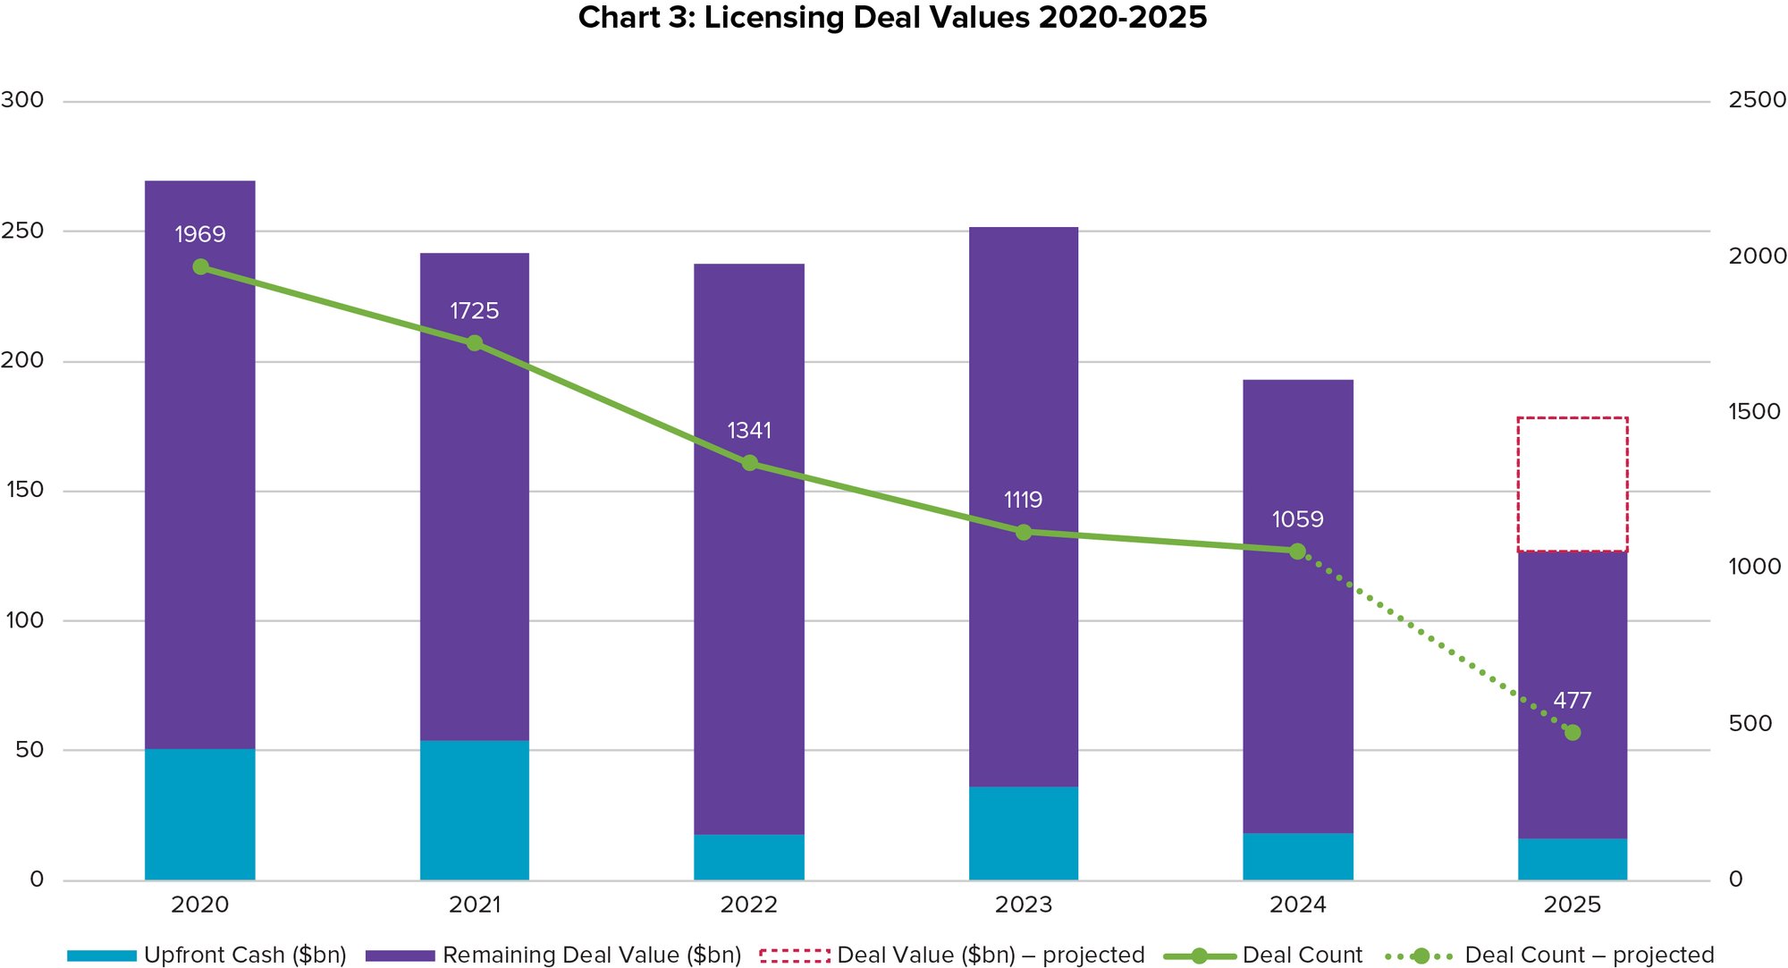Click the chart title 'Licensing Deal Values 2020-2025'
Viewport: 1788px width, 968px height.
(892, 18)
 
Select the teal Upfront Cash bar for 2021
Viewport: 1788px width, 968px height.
(475, 810)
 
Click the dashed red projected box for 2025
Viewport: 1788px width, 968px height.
(1572, 484)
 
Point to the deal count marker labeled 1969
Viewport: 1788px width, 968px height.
(201, 267)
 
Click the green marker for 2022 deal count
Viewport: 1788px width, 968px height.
(750, 463)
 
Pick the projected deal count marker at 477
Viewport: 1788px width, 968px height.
(1573, 733)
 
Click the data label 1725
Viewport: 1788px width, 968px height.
(474, 311)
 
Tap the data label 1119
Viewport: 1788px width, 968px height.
(1023, 500)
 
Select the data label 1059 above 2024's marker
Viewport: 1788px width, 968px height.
(1297, 519)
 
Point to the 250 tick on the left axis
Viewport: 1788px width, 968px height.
(22, 231)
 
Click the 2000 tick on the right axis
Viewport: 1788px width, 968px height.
(1757, 256)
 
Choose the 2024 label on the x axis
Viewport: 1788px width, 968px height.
(1297, 905)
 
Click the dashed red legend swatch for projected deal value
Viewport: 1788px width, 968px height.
(794, 955)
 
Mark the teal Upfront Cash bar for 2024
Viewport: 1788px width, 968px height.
(1297, 856)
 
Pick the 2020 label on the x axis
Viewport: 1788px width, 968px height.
(200, 905)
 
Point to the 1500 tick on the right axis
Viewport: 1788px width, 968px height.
(1754, 411)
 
